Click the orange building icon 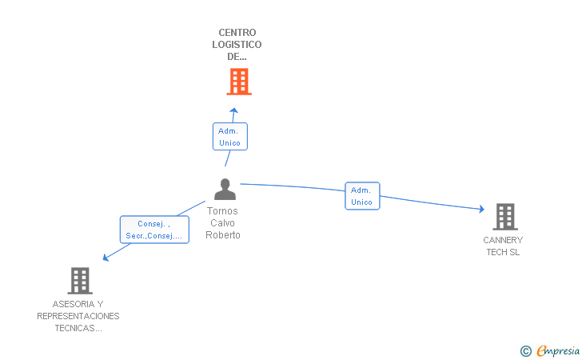click(x=239, y=82)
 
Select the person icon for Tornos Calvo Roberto click(x=225, y=189)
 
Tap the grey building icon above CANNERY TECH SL click(x=505, y=217)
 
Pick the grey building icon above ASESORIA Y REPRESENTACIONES click(x=80, y=281)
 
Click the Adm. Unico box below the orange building click(x=230, y=137)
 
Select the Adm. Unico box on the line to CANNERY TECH click(x=362, y=196)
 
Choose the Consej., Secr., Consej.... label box click(x=154, y=230)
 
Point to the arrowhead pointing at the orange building click(x=233, y=110)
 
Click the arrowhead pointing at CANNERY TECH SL click(x=481, y=209)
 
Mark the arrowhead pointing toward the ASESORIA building click(x=106, y=257)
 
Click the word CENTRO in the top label click(x=237, y=33)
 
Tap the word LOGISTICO click(x=237, y=45)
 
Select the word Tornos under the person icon click(x=222, y=211)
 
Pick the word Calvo click(x=223, y=223)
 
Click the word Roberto click(x=223, y=234)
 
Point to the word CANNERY click(x=503, y=240)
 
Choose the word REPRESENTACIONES click(x=78, y=316)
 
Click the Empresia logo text click(x=558, y=350)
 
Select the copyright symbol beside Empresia click(x=526, y=351)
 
